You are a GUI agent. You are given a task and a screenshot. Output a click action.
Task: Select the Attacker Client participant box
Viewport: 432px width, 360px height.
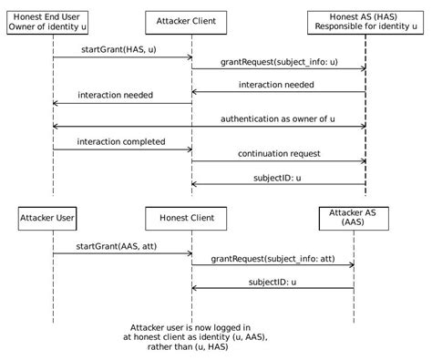coord(191,20)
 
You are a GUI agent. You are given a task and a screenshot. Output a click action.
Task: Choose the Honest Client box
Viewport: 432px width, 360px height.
coord(191,219)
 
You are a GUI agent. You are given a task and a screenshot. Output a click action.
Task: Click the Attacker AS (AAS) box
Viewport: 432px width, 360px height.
coord(354,219)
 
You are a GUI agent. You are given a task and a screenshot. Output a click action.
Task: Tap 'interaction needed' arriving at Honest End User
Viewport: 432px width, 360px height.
coord(115,95)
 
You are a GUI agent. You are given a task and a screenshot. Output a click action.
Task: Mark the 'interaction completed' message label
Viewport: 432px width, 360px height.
coord(120,141)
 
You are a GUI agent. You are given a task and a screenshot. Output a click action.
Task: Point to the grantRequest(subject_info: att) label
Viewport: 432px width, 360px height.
coord(272,259)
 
